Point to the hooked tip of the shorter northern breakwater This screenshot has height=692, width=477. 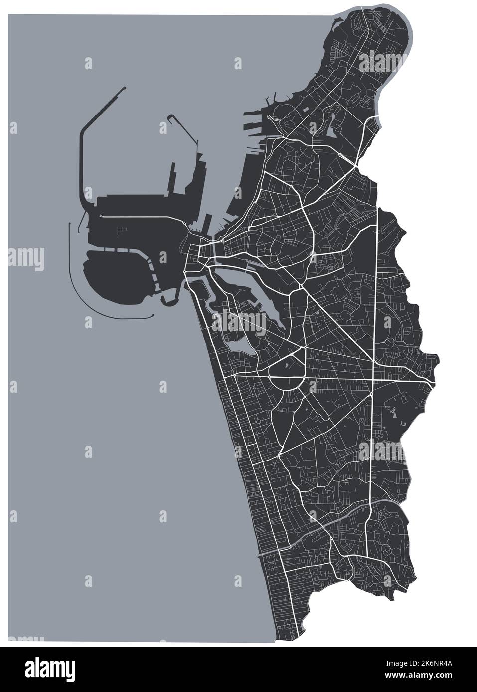pyautogui.click(x=170, y=117)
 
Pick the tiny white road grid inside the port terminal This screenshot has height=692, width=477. pyautogui.click(x=121, y=230)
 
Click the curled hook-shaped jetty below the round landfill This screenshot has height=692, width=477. pyautogui.click(x=171, y=300)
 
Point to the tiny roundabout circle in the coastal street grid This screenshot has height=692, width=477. pyautogui.click(x=259, y=423)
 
